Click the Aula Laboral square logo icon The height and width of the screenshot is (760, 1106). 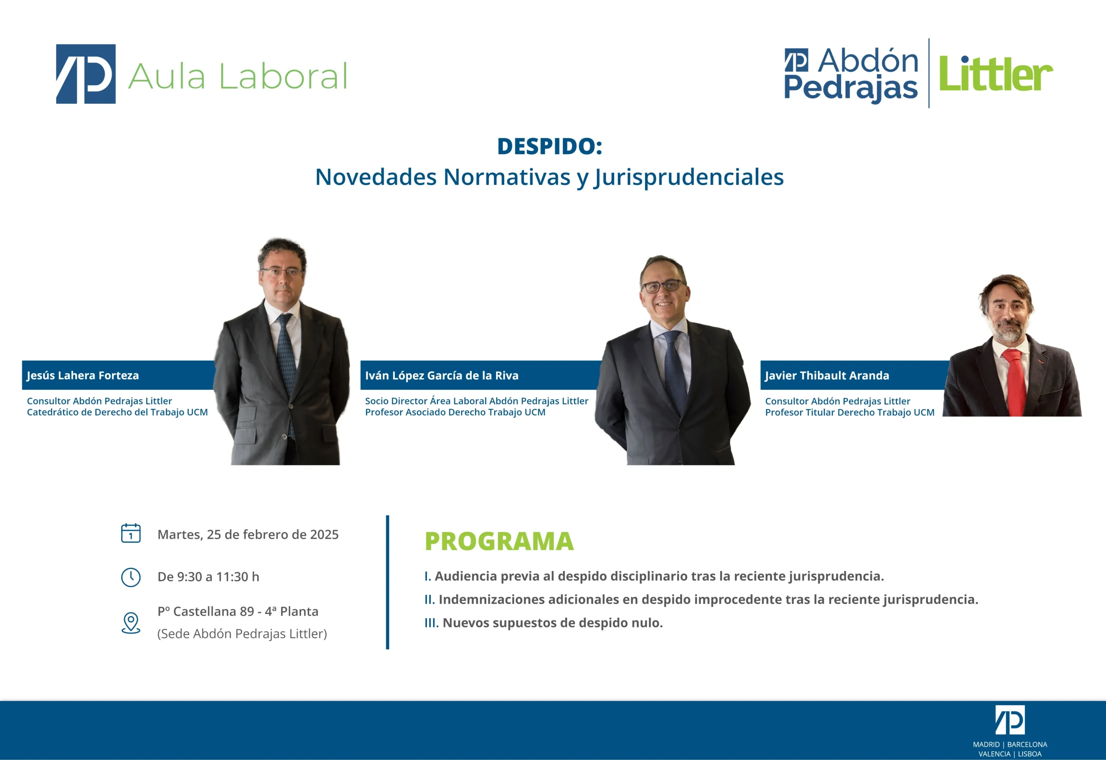pos(86,74)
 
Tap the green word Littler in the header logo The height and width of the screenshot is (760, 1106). pos(995,74)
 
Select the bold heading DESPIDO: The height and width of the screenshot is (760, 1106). pos(550,146)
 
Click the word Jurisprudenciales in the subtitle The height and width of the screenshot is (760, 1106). pos(689,178)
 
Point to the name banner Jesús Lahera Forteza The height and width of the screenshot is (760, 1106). pos(119,375)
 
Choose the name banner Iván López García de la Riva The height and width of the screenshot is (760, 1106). pos(481,375)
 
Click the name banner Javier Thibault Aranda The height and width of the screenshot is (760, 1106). pos(855,375)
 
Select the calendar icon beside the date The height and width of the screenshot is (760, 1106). pos(131,533)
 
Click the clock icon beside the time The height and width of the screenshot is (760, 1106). pos(131,577)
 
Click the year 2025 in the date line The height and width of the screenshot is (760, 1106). pos(324,535)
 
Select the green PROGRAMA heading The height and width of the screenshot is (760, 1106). pos(499,541)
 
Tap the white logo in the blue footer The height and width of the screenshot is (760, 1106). pos(1010,720)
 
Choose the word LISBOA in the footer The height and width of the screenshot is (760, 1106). pos(1030,754)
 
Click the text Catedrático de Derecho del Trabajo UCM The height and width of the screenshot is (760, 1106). pos(117,412)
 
